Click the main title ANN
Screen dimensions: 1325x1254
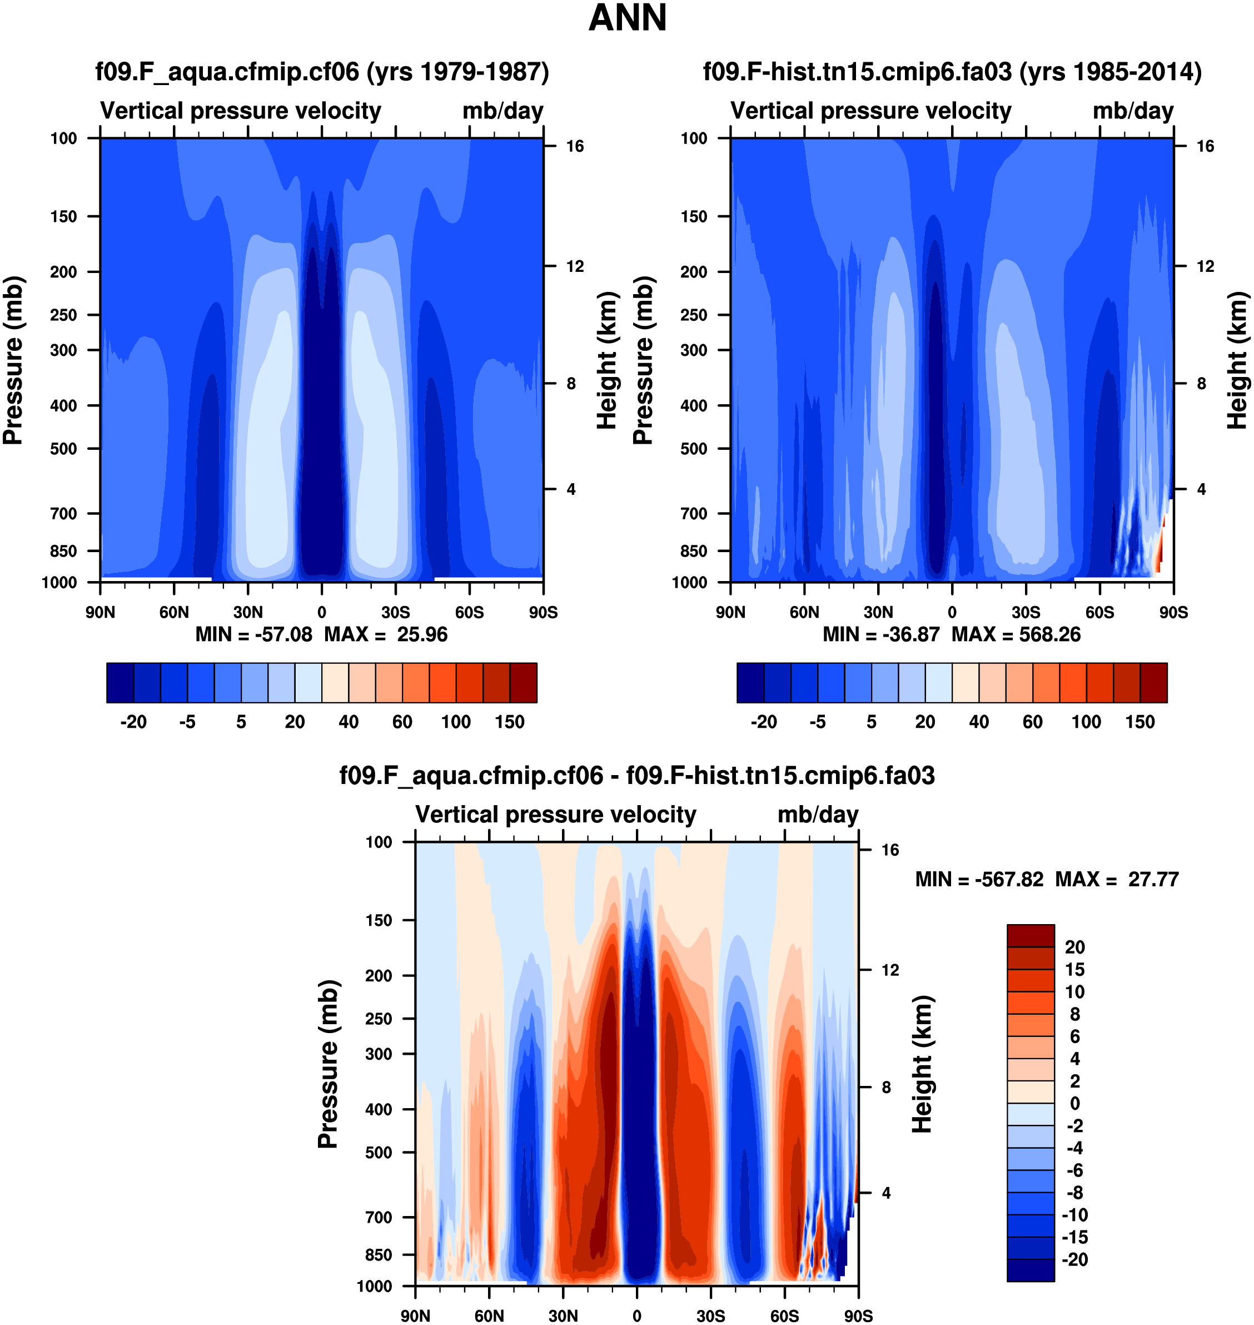point(627,18)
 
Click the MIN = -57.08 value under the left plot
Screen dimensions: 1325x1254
point(253,634)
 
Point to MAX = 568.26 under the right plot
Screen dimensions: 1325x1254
point(1016,634)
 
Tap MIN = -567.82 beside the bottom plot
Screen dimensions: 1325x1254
point(979,879)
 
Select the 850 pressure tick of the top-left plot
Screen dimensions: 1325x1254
point(63,551)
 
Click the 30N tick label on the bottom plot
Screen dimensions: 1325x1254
point(563,1316)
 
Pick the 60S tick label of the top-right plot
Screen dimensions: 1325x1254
point(1099,612)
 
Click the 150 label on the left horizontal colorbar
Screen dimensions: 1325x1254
point(509,722)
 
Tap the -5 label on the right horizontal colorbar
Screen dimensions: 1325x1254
point(818,722)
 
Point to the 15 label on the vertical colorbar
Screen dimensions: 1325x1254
point(1074,969)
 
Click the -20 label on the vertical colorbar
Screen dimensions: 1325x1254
point(1074,1259)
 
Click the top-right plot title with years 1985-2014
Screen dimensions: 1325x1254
point(952,72)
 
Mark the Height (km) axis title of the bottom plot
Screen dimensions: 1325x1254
point(923,1064)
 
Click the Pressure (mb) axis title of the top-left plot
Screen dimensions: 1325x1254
point(13,360)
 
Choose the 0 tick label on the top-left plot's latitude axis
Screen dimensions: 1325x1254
point(321,612)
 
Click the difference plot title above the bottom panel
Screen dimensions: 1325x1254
point(636,776)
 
